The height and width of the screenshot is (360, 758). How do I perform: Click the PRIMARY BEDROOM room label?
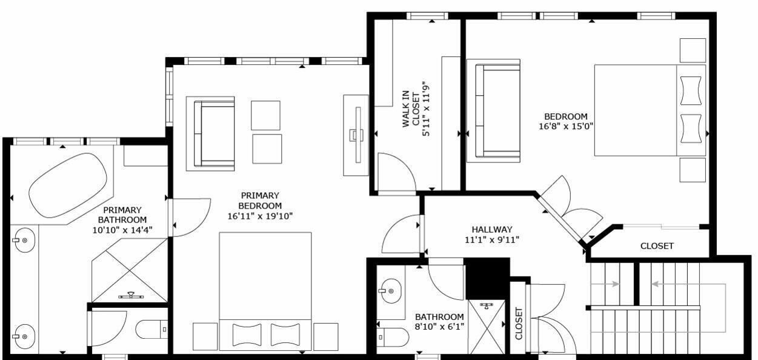[260, 201]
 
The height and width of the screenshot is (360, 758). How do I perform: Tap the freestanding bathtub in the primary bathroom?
[68, 185]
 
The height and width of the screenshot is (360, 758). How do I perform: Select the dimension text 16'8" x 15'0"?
[566, 127]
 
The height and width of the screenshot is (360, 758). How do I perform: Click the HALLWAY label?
[492, 230]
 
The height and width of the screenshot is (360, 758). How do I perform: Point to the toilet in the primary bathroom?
[151, 329]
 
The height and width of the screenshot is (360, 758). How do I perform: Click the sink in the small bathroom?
[390, 292]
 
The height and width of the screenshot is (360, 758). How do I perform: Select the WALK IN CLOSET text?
[411, 109]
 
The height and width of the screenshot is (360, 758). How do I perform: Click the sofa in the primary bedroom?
[210, 134]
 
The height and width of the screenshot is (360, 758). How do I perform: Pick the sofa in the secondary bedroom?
[493, 111]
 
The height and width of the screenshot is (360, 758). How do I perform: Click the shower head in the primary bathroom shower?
[131, 296]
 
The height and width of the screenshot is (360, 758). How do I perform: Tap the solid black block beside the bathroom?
[487, 278]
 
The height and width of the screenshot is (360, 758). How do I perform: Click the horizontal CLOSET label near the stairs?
[657, 246]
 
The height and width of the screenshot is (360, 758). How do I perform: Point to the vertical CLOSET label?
[519, 324]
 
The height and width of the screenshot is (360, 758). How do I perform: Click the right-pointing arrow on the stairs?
[611, 284]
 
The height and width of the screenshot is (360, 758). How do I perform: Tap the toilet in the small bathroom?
[393, 337]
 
